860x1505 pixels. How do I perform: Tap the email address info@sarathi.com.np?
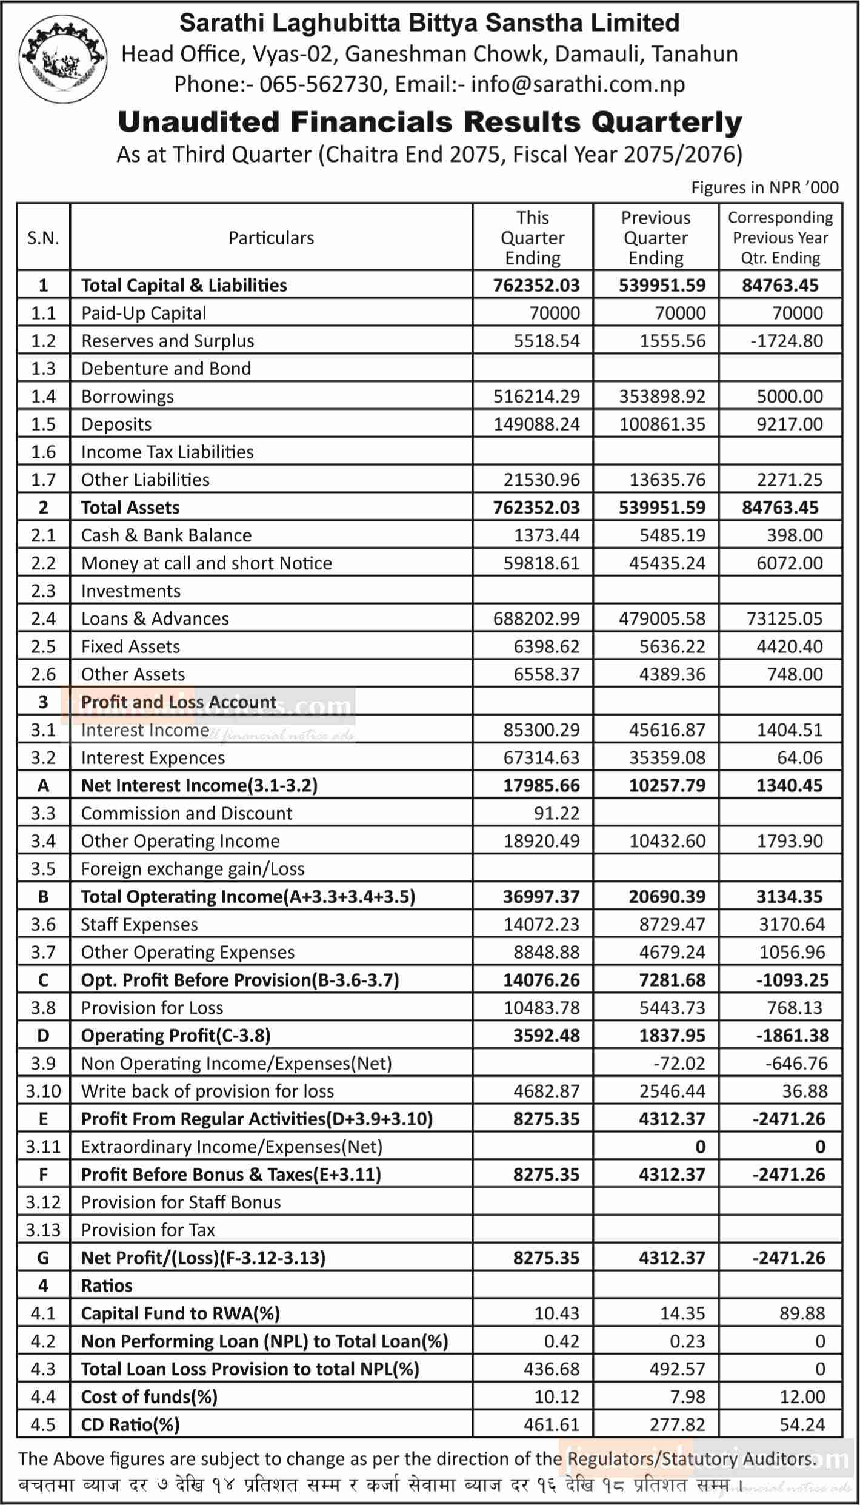point(578,84)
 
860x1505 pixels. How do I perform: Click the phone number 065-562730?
point(322,84)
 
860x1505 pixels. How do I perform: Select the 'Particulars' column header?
point(271,238)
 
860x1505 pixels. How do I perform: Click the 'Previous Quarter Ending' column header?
point(656,238)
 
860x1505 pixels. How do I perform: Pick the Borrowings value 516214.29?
point(536,397)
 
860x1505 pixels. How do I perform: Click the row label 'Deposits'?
point(116,424)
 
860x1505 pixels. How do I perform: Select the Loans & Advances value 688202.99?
point(536,618)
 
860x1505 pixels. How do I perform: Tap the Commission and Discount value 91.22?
point(556,813)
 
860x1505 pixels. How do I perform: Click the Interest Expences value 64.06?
point(802,758)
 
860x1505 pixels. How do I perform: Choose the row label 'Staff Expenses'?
point(139,925)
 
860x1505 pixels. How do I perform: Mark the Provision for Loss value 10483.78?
point(541,1008)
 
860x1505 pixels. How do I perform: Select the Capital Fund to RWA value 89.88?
point(802,1313)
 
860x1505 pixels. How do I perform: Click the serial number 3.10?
point(43,1091)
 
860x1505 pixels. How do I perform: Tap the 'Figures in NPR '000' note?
point(765,187)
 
